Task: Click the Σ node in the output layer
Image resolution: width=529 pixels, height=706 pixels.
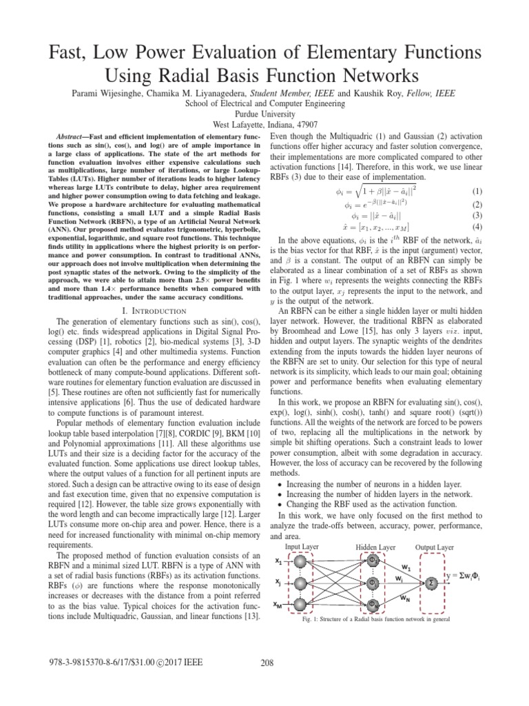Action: coord(432,582)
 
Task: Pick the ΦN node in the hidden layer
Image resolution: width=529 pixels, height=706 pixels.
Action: coord(372,605)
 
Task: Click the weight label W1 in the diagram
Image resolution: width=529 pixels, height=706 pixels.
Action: coord(406,567)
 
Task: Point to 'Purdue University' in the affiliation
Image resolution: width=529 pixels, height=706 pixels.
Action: coord(265,114)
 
